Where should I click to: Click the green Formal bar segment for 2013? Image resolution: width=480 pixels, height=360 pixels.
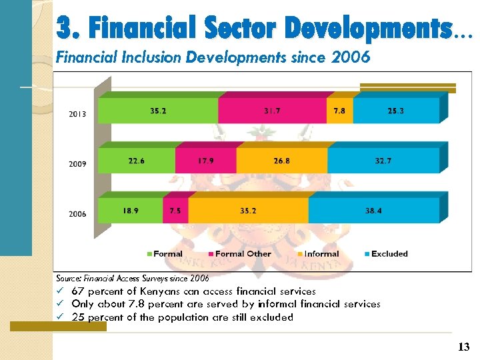click(x=158, y=111)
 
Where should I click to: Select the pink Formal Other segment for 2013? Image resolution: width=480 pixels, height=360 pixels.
click(x=272, y=111)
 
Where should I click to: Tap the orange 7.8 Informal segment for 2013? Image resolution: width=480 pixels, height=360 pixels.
click(x=339, y=111)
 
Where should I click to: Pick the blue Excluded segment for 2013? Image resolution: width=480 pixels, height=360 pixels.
click(x=396, y=111)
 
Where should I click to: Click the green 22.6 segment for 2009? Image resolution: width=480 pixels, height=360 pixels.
click(x=137, y=161)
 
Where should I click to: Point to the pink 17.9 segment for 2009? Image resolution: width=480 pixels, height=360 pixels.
click(x=205, y=161)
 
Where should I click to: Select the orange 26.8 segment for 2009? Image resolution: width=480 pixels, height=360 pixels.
click(x=281, y=161)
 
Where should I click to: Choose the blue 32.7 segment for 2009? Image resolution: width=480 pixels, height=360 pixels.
click(x=383, y=161)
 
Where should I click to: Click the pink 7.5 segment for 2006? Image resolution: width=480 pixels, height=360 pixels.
click(x=175, y=211)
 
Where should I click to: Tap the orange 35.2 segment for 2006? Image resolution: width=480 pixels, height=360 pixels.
click(x=248, y=211)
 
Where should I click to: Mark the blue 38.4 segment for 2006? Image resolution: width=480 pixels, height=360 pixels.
click(x=373, y=211)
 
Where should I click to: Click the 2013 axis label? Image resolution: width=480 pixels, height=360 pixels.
click(x=77, y=114)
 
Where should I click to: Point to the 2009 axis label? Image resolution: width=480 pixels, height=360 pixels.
click(x=77, y=164)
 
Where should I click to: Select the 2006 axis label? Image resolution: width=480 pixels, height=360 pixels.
click(x=77, y=214)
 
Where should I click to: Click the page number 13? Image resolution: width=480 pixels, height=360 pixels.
click(x=464, y=347)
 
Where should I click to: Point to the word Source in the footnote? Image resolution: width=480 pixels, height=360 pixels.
click(x=68, y=278)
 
